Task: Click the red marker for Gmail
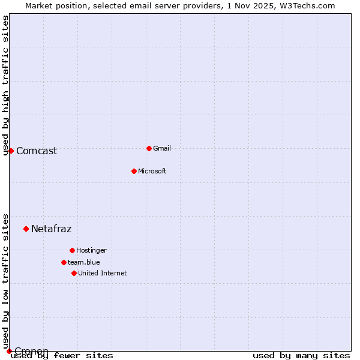(x=149, y=148)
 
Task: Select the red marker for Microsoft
(x=134, y=171)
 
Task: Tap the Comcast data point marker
(x=11, y=151)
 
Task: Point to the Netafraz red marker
(x=26, y=229)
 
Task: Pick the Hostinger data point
(x=72, y=250)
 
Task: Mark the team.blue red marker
(x=64, y=262)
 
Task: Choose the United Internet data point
(x=74, y=273)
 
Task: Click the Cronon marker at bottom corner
(x=9, y=351)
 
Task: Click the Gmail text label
(x=162, y=148)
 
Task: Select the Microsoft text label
(x=152, y=171)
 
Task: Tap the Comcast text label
(x=37, y=151)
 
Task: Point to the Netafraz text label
(x=51, y=229)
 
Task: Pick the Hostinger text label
(x=91, y=250)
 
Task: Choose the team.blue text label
(x=84, y=262)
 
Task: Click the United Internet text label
(x=103, y=273)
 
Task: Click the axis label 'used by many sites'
(x=301, y=355)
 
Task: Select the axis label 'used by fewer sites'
(x=62, y=355)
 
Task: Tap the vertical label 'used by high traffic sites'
(x=6, y=85)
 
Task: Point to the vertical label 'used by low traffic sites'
(x=6, y=281)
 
